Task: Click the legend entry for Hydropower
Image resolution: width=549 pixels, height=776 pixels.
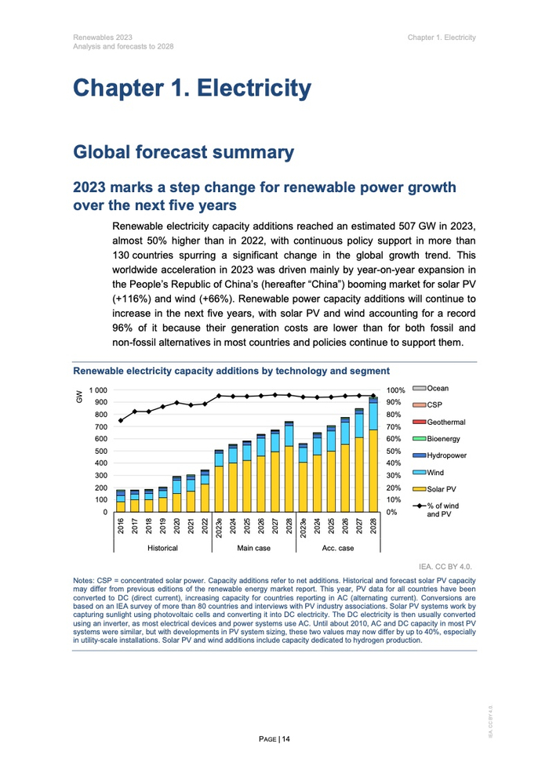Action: (447, 455)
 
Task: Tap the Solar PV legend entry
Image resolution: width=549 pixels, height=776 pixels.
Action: (444, 490)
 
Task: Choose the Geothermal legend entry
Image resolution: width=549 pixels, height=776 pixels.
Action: (446, 422)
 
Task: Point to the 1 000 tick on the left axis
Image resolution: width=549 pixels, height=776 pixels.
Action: (99, 390)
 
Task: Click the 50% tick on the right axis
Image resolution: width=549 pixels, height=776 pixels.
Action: (395, 451)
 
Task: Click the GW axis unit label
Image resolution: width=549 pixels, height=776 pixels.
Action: (78, 397)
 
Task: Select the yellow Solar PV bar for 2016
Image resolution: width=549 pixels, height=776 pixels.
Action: (121, 506)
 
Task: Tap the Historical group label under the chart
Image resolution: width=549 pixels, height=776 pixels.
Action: (162, 548)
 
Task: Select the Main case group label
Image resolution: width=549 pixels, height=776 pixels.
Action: (253, 548)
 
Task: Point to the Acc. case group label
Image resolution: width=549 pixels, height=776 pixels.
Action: (338, 548)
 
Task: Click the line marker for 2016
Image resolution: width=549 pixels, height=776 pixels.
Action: (121, 421)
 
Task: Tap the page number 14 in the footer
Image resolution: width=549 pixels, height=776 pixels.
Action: (286, 738)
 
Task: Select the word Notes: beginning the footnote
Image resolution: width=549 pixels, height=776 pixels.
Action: (84, 581)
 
